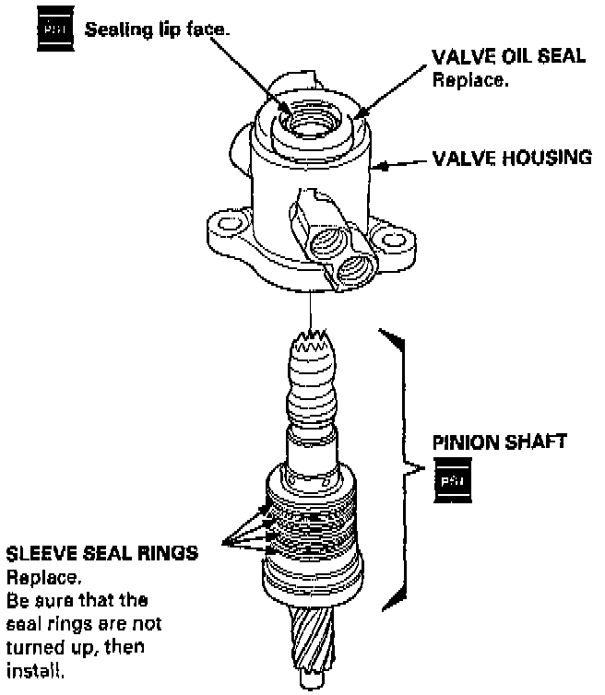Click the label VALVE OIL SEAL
[508, 56]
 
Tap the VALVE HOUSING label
[512, 158]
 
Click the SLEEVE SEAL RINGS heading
[101, 554]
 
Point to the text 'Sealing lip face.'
[158, 30]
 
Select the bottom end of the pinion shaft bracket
[392, 604]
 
